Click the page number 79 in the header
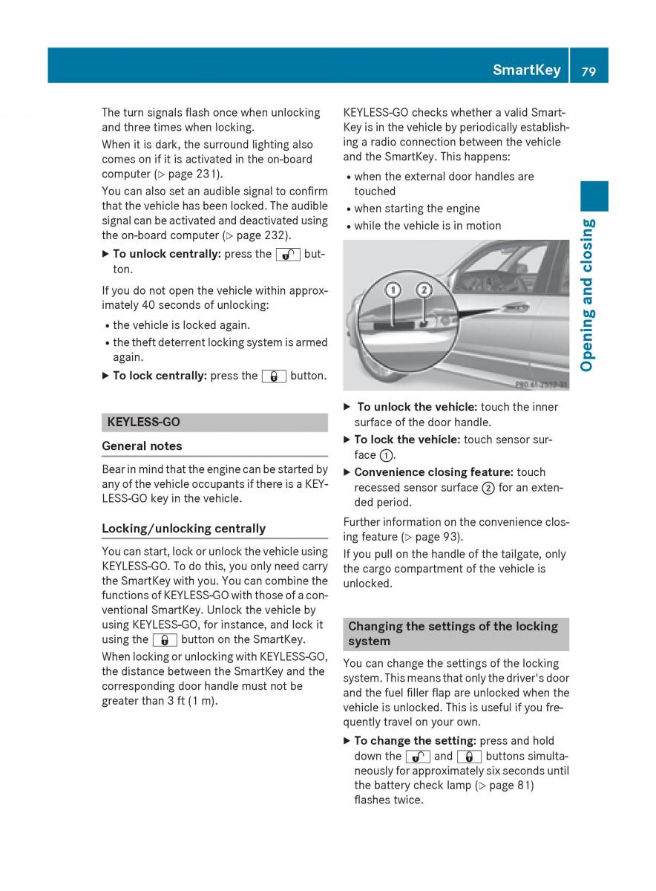point(589,71)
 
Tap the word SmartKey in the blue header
point(526,71)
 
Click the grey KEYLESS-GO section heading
point(144,422)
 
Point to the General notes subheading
point(142,446)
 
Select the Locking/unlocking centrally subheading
point(183,529)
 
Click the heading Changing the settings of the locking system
point(453,634)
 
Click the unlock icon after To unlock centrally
point(287,254)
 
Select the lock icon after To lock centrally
point(273,376)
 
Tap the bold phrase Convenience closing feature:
point(433,472)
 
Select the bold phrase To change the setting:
point(415,741)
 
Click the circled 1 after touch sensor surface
point(387,455)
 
